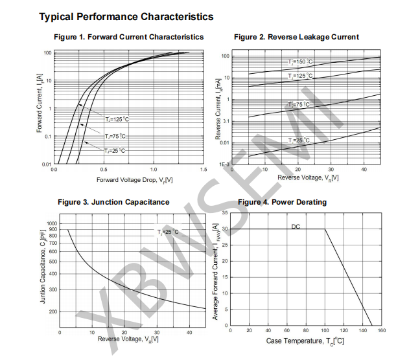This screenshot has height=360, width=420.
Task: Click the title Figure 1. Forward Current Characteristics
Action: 128,37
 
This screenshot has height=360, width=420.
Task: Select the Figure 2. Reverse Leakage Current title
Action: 296,37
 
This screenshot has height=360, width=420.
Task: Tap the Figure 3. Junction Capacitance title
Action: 113,202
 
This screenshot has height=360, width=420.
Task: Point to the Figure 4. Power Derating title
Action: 282,202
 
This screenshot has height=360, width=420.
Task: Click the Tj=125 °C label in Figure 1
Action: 117,119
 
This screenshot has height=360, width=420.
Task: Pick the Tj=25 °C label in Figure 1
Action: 114,150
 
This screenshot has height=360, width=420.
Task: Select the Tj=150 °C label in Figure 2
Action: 300,62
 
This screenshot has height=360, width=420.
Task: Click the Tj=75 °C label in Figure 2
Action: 299,104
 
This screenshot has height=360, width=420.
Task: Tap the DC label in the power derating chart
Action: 296,227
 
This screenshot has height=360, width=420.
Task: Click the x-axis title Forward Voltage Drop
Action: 134,179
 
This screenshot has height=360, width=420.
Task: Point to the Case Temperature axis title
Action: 305,341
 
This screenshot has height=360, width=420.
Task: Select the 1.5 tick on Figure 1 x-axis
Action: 204,169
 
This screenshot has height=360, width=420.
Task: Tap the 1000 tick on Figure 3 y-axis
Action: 52,223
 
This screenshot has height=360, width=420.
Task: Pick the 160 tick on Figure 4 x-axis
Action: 381,330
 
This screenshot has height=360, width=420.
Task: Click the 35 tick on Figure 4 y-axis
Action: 224,213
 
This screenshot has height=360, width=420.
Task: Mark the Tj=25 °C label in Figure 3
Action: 167,232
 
